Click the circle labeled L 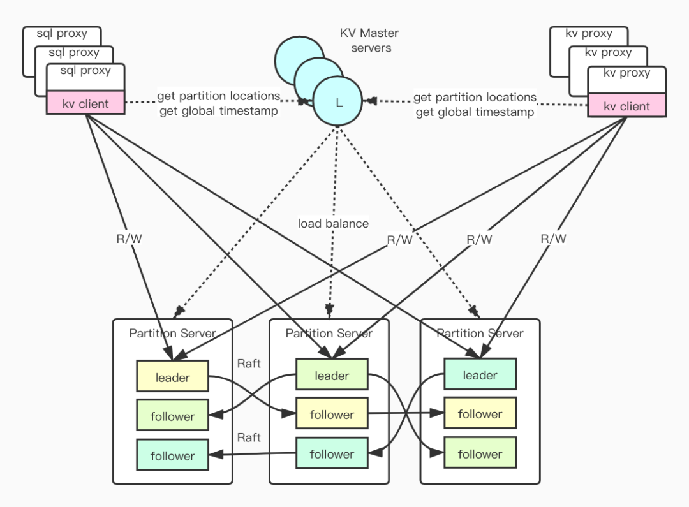tap(338, 101)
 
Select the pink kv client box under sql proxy tap(85, 103)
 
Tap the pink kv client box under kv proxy tap(626, 106)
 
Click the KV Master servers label tap(371, 40)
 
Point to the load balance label tap(333, 223)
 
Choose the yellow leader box tap(172, 378)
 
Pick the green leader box tap(332, 376)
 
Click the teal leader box tap(479, 375)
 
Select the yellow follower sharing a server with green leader tap(332, 415)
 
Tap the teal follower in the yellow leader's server tap(172, 456)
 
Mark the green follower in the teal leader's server tap(479, 454)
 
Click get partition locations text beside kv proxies tap(475, 98)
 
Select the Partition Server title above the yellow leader tap(172, 333)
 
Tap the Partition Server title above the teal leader tap(479, 333)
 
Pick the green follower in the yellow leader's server tap(172, 416)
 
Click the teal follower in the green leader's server tap(332, 454)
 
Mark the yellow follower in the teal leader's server tap(479, 414)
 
